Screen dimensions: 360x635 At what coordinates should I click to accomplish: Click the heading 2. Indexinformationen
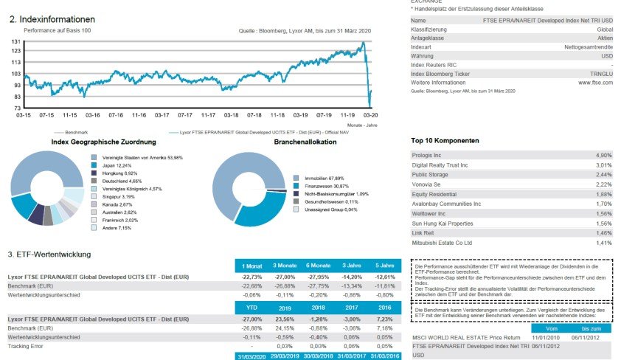(52, 19)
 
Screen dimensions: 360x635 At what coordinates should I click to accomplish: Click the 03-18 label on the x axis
(231, 116)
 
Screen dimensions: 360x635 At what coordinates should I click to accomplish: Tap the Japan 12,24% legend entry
(117, 166)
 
